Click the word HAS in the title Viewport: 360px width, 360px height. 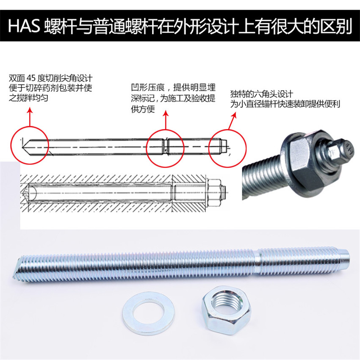point(24,26)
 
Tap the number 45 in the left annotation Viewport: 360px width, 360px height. point(31,78)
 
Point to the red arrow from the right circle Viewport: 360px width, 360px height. point(232,121)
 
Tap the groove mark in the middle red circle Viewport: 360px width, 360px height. point(166,147)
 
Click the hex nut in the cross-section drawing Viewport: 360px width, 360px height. point(214,193)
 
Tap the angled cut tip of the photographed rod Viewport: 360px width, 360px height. point(18,268)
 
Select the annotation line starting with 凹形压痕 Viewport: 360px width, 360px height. point(173,88)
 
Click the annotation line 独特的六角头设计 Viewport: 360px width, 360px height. point(262,94)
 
